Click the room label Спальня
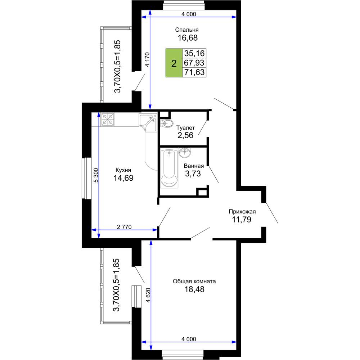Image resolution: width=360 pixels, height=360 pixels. coord(186,30)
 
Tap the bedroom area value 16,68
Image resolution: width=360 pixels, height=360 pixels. coord(188,38)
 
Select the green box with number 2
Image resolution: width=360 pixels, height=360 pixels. coord(174,63)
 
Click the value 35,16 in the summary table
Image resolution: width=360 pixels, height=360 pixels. coord(194,53)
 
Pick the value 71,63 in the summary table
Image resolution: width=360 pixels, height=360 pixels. coord(194,72)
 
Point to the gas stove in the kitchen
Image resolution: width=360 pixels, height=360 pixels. coord(108,120)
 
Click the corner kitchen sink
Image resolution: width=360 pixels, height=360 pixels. coord(148,122)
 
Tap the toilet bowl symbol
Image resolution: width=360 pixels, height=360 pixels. coord(166,123)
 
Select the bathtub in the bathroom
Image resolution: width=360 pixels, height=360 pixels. coord(169,168)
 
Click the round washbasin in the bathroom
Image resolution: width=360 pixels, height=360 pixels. coord(185,153)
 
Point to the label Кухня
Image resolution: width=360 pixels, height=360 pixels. coord(123,170)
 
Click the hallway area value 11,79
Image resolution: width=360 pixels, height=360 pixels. coord(242,220)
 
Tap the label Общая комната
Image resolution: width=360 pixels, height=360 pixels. coord(194,281)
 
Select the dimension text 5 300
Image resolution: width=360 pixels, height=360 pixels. coord(96,175)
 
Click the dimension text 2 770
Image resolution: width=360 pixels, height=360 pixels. coord(124,227)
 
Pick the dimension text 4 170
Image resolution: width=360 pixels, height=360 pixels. coord(147,59)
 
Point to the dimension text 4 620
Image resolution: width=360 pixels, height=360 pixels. coord(148,295)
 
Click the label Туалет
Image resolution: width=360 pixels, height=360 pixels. coord(185,128)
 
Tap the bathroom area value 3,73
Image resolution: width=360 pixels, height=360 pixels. coord(193,174)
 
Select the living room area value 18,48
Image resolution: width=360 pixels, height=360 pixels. coord(194,289)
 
